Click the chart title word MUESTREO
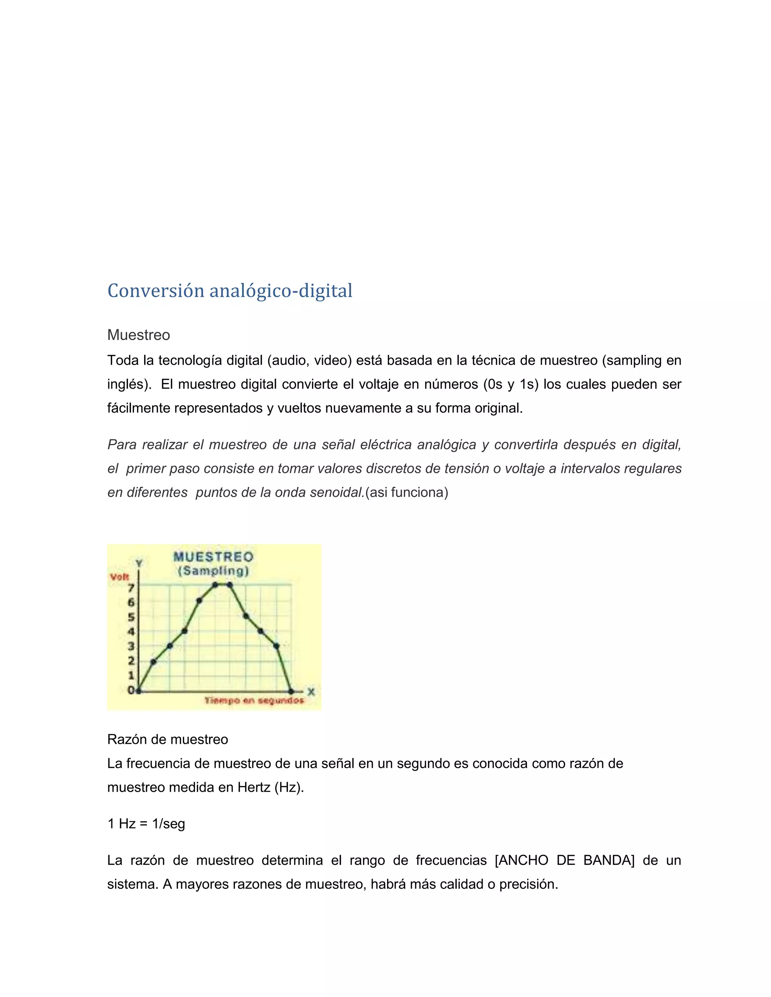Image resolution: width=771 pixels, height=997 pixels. tap(213, 556)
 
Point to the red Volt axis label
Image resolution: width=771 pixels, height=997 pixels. tap(119, 577)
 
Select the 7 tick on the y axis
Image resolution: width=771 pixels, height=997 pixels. tap(131, 588)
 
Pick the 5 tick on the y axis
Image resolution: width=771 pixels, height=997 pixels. tap(131, 617)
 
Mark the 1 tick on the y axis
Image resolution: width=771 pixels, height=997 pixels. tap(131, 675)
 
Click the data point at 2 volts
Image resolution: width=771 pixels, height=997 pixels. tap(154, 661)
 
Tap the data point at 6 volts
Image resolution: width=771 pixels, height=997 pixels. tap(200, 600)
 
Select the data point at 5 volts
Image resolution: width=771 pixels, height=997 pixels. tap(246, 616)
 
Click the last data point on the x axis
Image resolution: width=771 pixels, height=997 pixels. tap(291, 692)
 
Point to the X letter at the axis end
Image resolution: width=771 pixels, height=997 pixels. tap(311, 692)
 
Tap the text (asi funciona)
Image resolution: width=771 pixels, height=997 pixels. tap(407, 492)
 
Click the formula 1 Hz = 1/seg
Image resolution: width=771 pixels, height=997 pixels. tap(146, 824)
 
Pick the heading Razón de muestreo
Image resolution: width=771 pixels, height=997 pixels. tap(168, 739)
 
